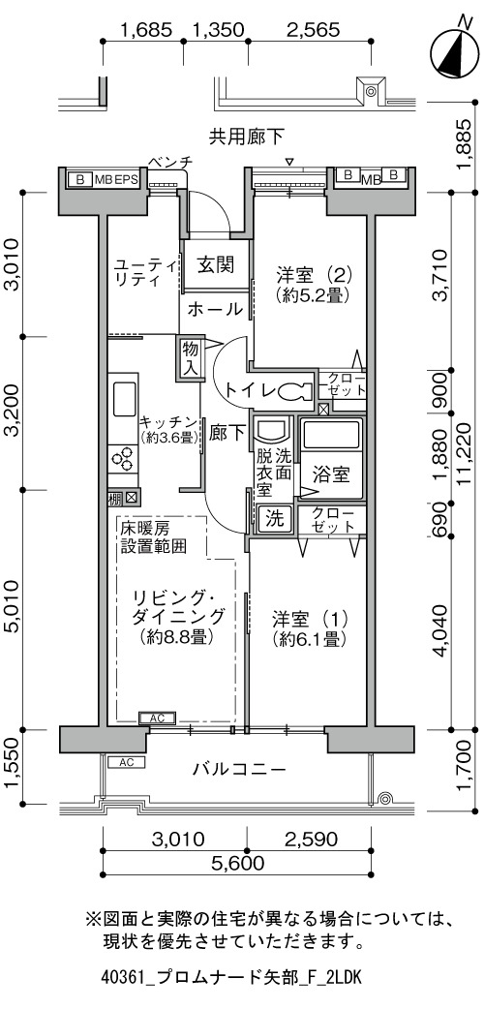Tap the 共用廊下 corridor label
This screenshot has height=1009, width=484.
click(x=247, y=136)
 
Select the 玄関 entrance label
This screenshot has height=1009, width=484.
click(x=215, y=264)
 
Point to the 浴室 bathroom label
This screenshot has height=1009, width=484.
click(x=331, y=475)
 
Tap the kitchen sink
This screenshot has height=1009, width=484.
click(x=123, y=400)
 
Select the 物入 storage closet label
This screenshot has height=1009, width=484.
click(x=190, y=359)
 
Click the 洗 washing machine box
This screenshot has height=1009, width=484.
click(x=276, y=519)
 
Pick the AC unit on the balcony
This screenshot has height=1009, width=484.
click(x=126, y=762)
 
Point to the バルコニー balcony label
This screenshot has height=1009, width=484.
click(x=238, y=769)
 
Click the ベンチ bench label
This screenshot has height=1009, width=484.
click(x=170, y=162)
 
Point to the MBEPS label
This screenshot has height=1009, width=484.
click(x=116, y=179)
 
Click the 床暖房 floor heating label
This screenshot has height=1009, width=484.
click(x=145, y=529)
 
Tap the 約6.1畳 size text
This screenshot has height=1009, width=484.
click(x=310, y=640)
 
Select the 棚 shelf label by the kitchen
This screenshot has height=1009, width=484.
click(x=114, y=498)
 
